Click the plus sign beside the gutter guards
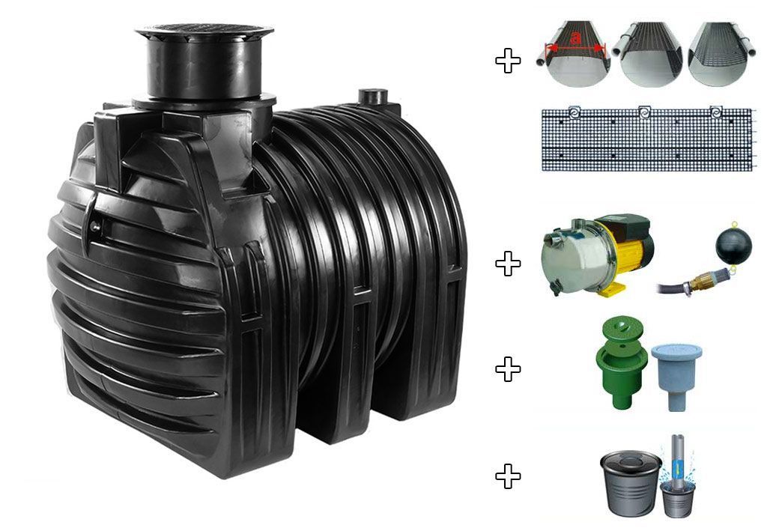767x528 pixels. click(509, 61)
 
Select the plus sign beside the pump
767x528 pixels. click(509, 264)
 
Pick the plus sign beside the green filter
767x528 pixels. click(509, 368)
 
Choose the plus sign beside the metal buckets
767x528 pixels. click(509, 476)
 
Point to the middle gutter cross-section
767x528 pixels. click(651, 54)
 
